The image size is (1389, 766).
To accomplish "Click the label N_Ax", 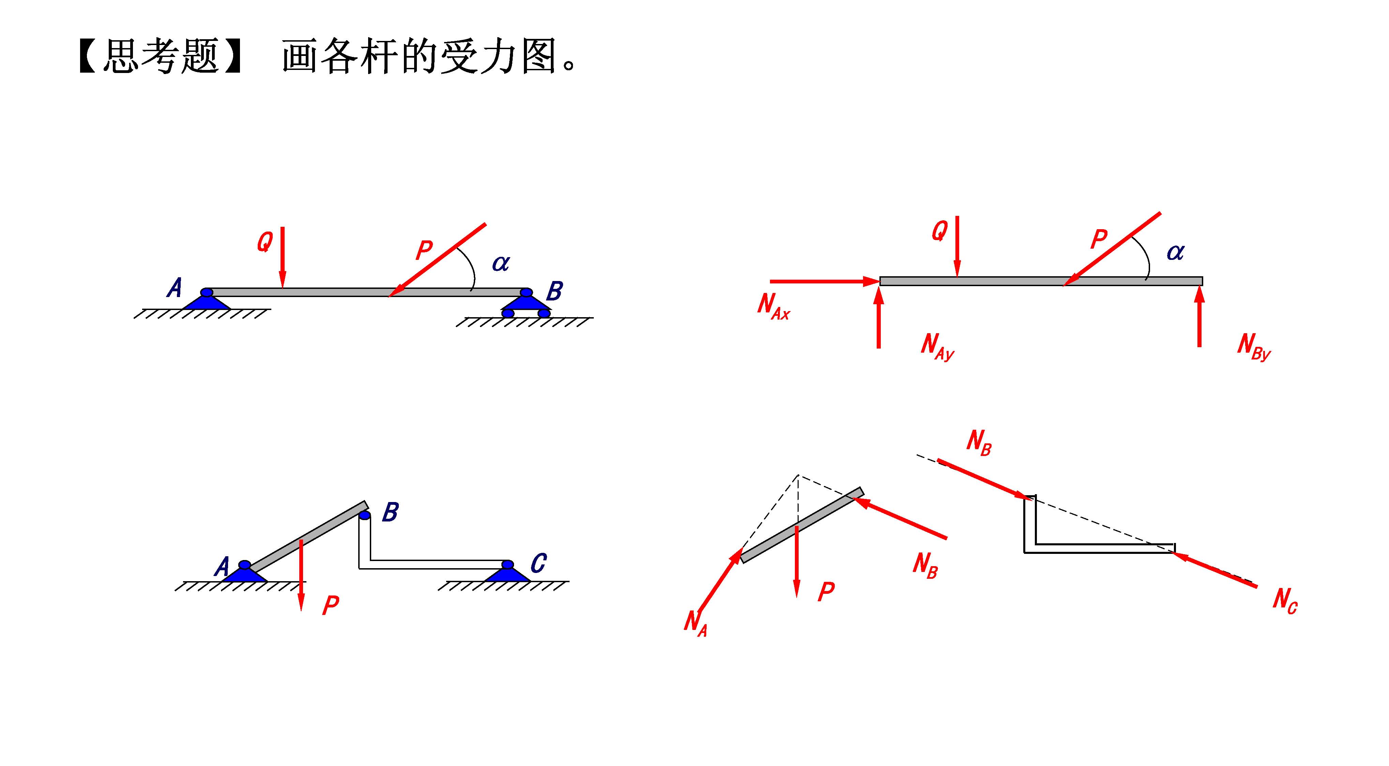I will coord(773,306).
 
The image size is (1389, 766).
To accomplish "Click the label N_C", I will coord(1285,600).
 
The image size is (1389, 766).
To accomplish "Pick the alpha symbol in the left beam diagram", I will coord(500,263).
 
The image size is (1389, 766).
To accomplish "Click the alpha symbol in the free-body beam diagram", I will coord(1176,252).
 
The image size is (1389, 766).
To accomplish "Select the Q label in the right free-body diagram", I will coord(939,231).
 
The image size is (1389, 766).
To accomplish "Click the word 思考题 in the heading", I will coord(160,56).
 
